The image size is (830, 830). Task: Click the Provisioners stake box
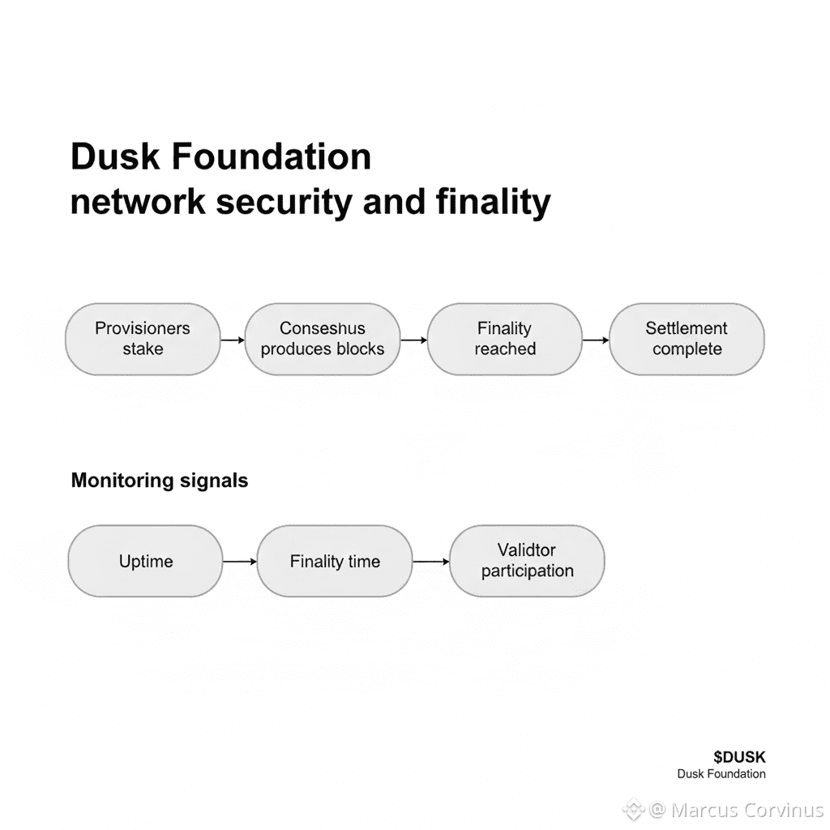[x=143, y=339]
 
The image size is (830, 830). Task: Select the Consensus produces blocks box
[x=323, y=339]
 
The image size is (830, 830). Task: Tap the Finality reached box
[x=504, y=339]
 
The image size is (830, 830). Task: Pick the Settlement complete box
[x=687, y=339]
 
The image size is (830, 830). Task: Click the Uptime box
[x=145, y=561]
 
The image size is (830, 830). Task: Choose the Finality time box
[x=335, y=561]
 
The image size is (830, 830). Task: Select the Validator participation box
[x=527, y=561]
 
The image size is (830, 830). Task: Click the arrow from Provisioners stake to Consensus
[x=233, y=340]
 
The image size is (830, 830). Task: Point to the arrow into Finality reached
[x=413, y=340]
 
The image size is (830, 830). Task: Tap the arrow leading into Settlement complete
[x=596, y=340]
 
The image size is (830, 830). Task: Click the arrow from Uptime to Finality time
[x=240, y=561]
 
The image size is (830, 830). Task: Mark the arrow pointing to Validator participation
[x=430, y=561]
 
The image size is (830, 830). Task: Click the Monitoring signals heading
[x=160, y=481]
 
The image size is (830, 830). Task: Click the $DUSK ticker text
[x=739, y=757]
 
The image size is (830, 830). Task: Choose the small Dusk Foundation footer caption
[x=721, y=774]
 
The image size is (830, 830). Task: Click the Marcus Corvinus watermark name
[x=747, y=810]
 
